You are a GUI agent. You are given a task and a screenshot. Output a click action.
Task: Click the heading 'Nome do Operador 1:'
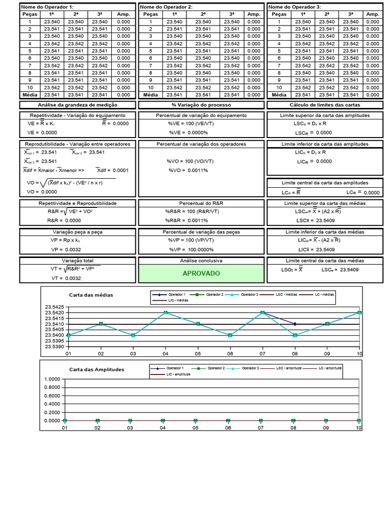[x=47, y=7]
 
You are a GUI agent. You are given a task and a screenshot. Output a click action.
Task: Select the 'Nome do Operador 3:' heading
[x=295, y=7]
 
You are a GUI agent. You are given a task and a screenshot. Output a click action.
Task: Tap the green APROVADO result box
[x=201, y=274]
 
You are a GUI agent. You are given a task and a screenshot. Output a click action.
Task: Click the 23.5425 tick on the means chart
[x=54, y=307]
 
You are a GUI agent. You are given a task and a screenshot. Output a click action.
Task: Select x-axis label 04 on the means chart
[x=165, y=354]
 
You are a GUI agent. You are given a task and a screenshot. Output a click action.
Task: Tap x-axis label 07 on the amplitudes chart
[x=261, y=428]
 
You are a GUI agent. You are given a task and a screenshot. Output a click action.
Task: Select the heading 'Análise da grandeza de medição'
[x=77, y=105]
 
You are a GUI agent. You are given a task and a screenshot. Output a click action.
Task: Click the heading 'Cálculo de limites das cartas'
[x=324, y=105]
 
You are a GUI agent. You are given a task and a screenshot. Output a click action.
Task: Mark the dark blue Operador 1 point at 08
[x=295, y=324]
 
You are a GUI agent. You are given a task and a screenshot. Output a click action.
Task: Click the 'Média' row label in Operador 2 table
[x=150, y=94]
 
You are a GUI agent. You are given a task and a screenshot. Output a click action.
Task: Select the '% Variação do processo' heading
[x=201, y=105]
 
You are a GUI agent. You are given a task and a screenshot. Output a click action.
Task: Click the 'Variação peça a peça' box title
[x=77, y=232]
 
